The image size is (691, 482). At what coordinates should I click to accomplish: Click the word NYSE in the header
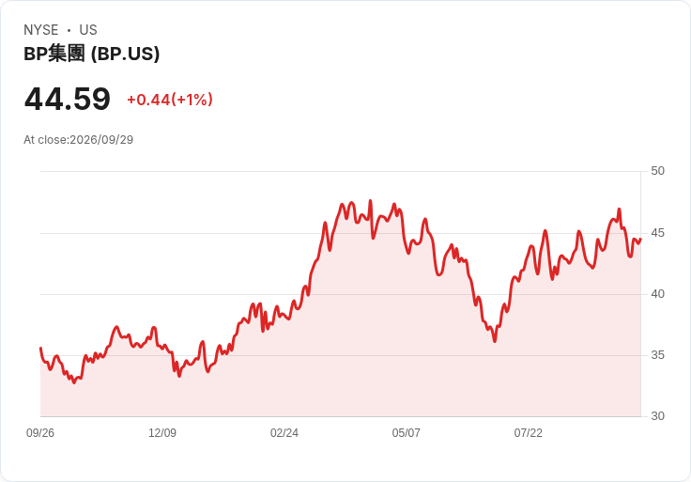(x=41, y=30)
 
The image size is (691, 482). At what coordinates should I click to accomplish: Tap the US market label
(x=88, y=30)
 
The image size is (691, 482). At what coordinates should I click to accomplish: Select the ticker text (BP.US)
(x=125, y=54)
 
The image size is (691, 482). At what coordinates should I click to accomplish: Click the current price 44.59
(x=68, y=99)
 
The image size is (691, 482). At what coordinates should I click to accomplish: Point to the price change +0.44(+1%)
(x=170, y=100)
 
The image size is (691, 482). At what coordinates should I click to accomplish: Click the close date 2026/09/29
(x=101, y=140)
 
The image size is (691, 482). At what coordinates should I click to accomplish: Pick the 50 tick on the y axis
(x=657, y=171)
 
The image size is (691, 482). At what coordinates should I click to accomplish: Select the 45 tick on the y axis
(x=657, y=233)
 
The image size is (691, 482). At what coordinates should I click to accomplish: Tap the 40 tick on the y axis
(x=657, y=294)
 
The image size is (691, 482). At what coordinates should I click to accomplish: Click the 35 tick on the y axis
(x=657, y=355)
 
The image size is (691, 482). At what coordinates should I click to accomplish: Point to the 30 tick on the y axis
(x=657, y=416)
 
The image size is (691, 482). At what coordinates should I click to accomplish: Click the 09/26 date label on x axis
(x=40, y=433)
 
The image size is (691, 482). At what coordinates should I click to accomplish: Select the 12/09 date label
(x=162, y=433)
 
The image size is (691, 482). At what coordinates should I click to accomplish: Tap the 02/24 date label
(x=284, y=433)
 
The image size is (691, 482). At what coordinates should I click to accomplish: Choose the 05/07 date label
(x=406, y=433)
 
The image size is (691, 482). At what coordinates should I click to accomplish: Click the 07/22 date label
(x=528, y=433)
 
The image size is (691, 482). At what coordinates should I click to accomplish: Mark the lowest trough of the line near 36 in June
(x=495, y=341)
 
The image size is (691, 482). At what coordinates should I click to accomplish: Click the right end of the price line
(x=640, y=239)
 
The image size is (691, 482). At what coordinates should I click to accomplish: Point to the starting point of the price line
(x=40, y=348)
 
